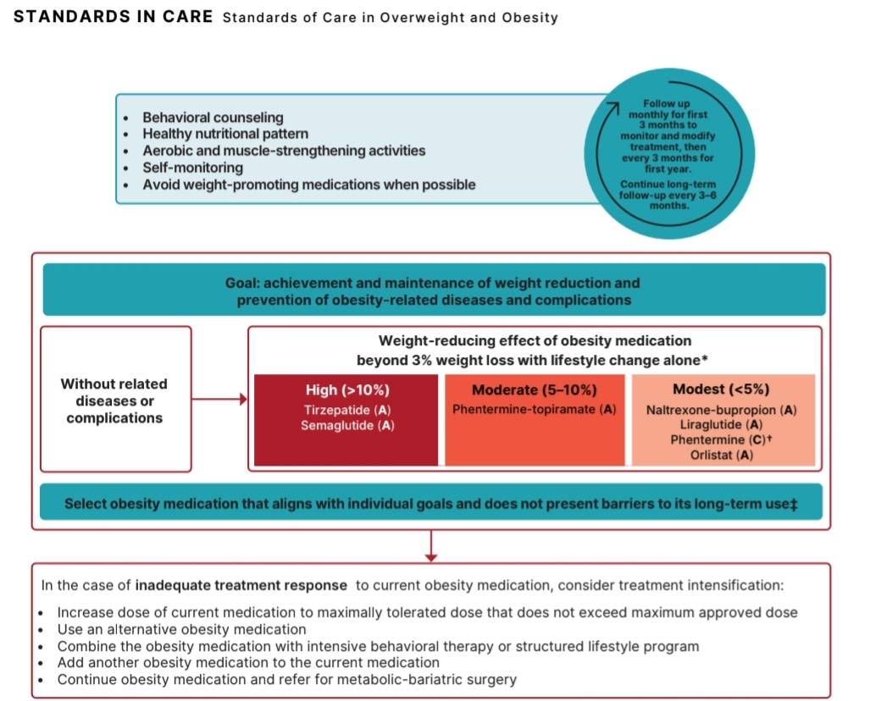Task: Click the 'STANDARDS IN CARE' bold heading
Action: pos(114,17)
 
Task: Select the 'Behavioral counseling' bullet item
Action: pos(213,118)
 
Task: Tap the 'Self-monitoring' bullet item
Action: pos(192,168)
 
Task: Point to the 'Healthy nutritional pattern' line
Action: pos(225,134)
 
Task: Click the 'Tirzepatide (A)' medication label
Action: pos(347,410)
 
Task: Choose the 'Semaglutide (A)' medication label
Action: pos(347,425)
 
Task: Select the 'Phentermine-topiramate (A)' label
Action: pos(535,409)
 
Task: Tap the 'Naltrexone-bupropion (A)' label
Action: pos(721,410)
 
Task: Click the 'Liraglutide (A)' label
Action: pos(721,425)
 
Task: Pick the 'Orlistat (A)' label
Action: pos(721,455)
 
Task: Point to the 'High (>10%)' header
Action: pos(347,390)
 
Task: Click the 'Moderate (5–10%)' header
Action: pos(535,390)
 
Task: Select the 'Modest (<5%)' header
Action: pos(721,389)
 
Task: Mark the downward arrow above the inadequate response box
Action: pos(431,546)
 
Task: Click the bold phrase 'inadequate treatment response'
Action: pos(241,586)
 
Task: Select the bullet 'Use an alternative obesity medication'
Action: pos(181,629)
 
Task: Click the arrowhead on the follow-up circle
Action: pos(612,108)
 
